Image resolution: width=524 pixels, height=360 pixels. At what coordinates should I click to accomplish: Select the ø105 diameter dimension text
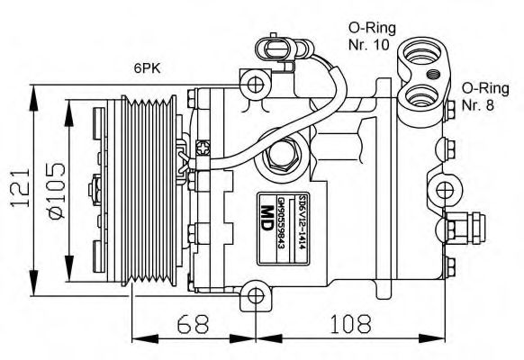[x=56, y=191]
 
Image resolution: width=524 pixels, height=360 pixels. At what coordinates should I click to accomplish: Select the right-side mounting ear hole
[x=445, y=189]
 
